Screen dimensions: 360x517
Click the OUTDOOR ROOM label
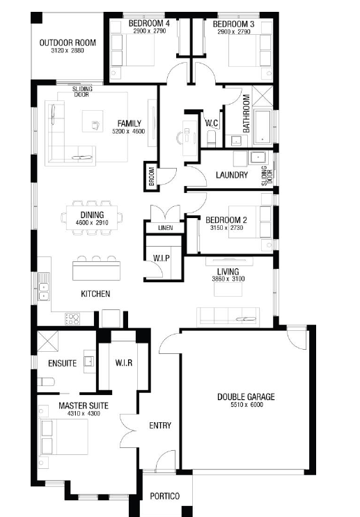68,43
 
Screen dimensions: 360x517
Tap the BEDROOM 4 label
149,24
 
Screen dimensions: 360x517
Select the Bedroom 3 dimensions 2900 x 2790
234,31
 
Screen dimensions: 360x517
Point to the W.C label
212,123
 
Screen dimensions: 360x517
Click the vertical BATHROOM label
246,114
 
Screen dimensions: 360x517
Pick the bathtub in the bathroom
263,127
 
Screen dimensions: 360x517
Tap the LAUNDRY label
232,175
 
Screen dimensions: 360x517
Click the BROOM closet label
152,176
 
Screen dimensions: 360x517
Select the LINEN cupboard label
165,228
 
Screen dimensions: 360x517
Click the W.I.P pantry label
162,258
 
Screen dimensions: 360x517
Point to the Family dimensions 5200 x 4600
128,131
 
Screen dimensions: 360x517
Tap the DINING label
92,215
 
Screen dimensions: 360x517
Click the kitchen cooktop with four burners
72,319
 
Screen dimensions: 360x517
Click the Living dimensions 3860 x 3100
228,279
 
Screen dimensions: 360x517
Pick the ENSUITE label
62,363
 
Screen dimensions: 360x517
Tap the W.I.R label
124,363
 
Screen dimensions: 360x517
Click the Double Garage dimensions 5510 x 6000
246,405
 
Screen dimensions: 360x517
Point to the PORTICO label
165,496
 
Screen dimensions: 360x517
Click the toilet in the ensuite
45,382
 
